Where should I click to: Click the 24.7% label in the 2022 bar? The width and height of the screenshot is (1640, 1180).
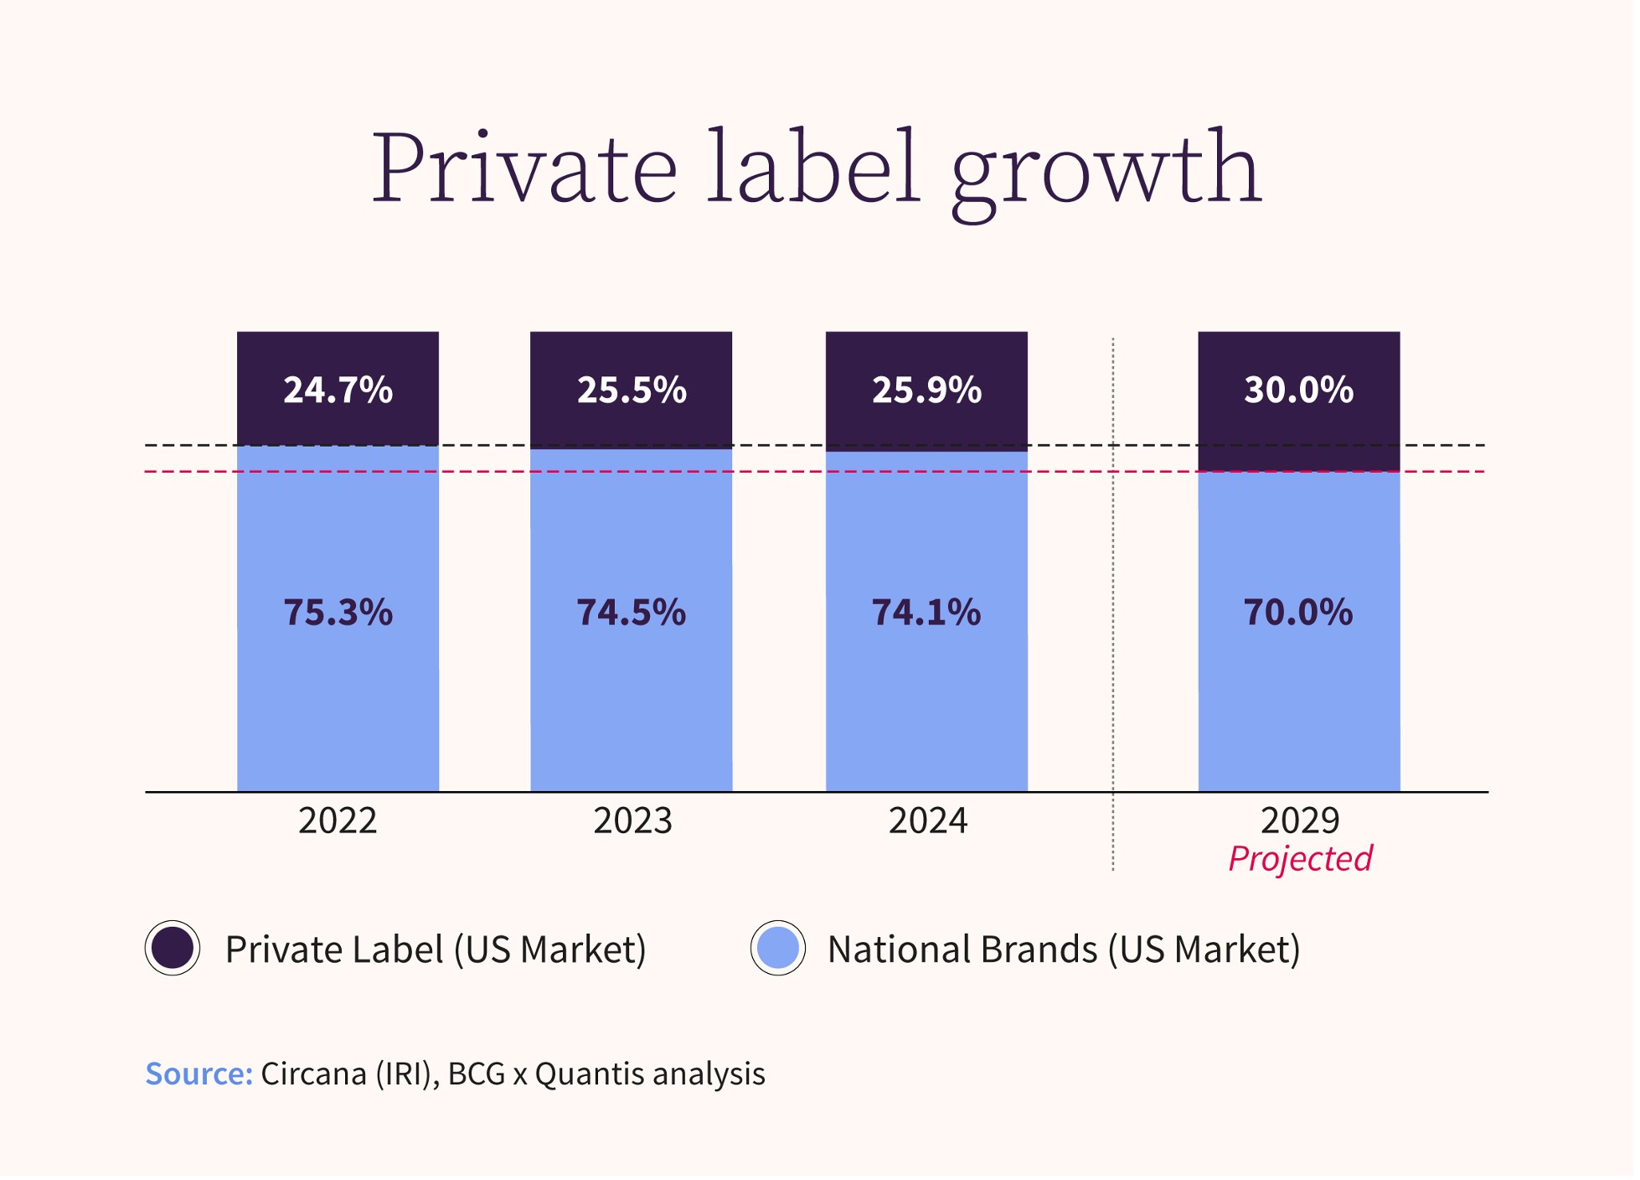[x=338, y=391]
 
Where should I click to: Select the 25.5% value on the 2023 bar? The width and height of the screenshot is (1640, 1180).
[x=632, y=391]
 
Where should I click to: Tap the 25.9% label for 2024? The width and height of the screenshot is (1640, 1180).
[x=927, y=391]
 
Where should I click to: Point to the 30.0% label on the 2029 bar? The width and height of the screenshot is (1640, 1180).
[x=1299, y=391]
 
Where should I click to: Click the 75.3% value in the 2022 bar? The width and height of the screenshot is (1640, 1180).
[x=338, y=613]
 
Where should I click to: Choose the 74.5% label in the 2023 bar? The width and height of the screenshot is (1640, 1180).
[x=632, y=613]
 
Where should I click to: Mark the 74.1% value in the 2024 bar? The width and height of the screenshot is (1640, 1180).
[x=926, y=613]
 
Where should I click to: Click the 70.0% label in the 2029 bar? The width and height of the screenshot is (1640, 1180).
[x=1298, y=613]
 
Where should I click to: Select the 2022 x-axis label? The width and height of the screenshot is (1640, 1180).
[x=338, y=821]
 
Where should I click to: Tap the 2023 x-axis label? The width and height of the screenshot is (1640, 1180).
[x=633, y=821]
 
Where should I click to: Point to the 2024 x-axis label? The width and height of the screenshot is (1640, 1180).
[x=928, y=821]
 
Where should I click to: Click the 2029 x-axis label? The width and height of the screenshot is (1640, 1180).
[x=1300, y=821]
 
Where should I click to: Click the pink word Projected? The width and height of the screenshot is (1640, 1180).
[x=1300, y=859]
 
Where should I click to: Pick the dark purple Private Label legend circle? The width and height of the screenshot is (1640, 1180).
[x=173, y=949]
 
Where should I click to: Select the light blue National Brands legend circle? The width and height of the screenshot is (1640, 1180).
[x=778, y=949]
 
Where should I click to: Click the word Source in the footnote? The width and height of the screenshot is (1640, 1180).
[x=199, y=1074]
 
